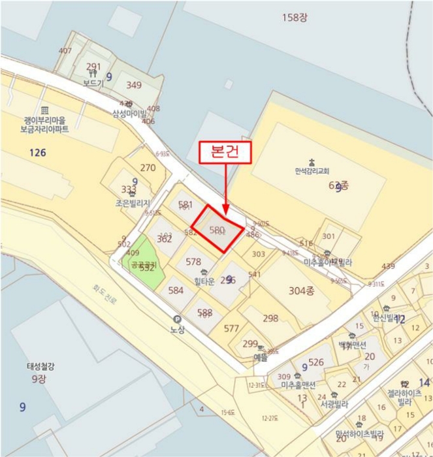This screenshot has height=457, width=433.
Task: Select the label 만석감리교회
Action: [x=312, y=172]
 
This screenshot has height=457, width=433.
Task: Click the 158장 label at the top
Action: [x=294, y=17]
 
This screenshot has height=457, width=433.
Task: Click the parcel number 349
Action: [x=134, y=85]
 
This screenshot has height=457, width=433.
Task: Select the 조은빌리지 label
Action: [x=133, y=203]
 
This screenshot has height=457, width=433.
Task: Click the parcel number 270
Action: [x=148, y=168]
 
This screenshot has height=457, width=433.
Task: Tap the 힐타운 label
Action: [x=204, y=282]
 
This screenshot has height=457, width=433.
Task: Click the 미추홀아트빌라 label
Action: [x=328, y=262]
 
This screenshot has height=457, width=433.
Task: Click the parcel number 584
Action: [x=176, y=291]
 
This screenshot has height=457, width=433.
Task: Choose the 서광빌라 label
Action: [x=335, y=403]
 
